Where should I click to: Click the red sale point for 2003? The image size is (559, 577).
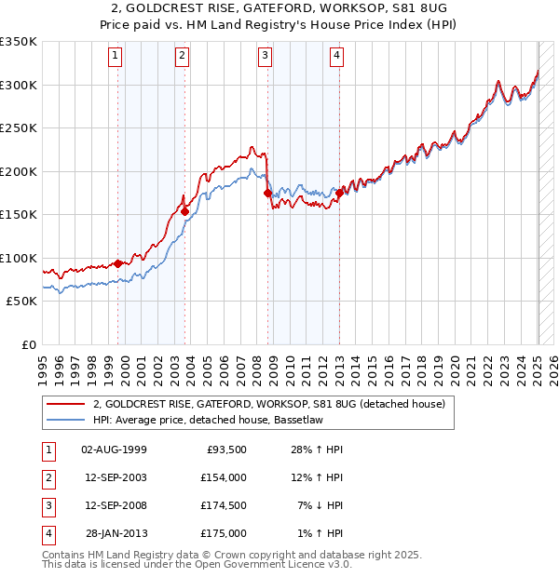coord(184,211)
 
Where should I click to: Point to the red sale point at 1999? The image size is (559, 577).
coord(118,263)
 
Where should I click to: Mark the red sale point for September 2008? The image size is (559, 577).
coord(267,194)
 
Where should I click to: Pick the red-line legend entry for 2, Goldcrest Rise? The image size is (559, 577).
coord(269,404)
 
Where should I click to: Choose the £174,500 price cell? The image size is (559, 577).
coord(224,505)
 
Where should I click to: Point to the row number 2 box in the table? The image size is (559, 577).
coord(48,477)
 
